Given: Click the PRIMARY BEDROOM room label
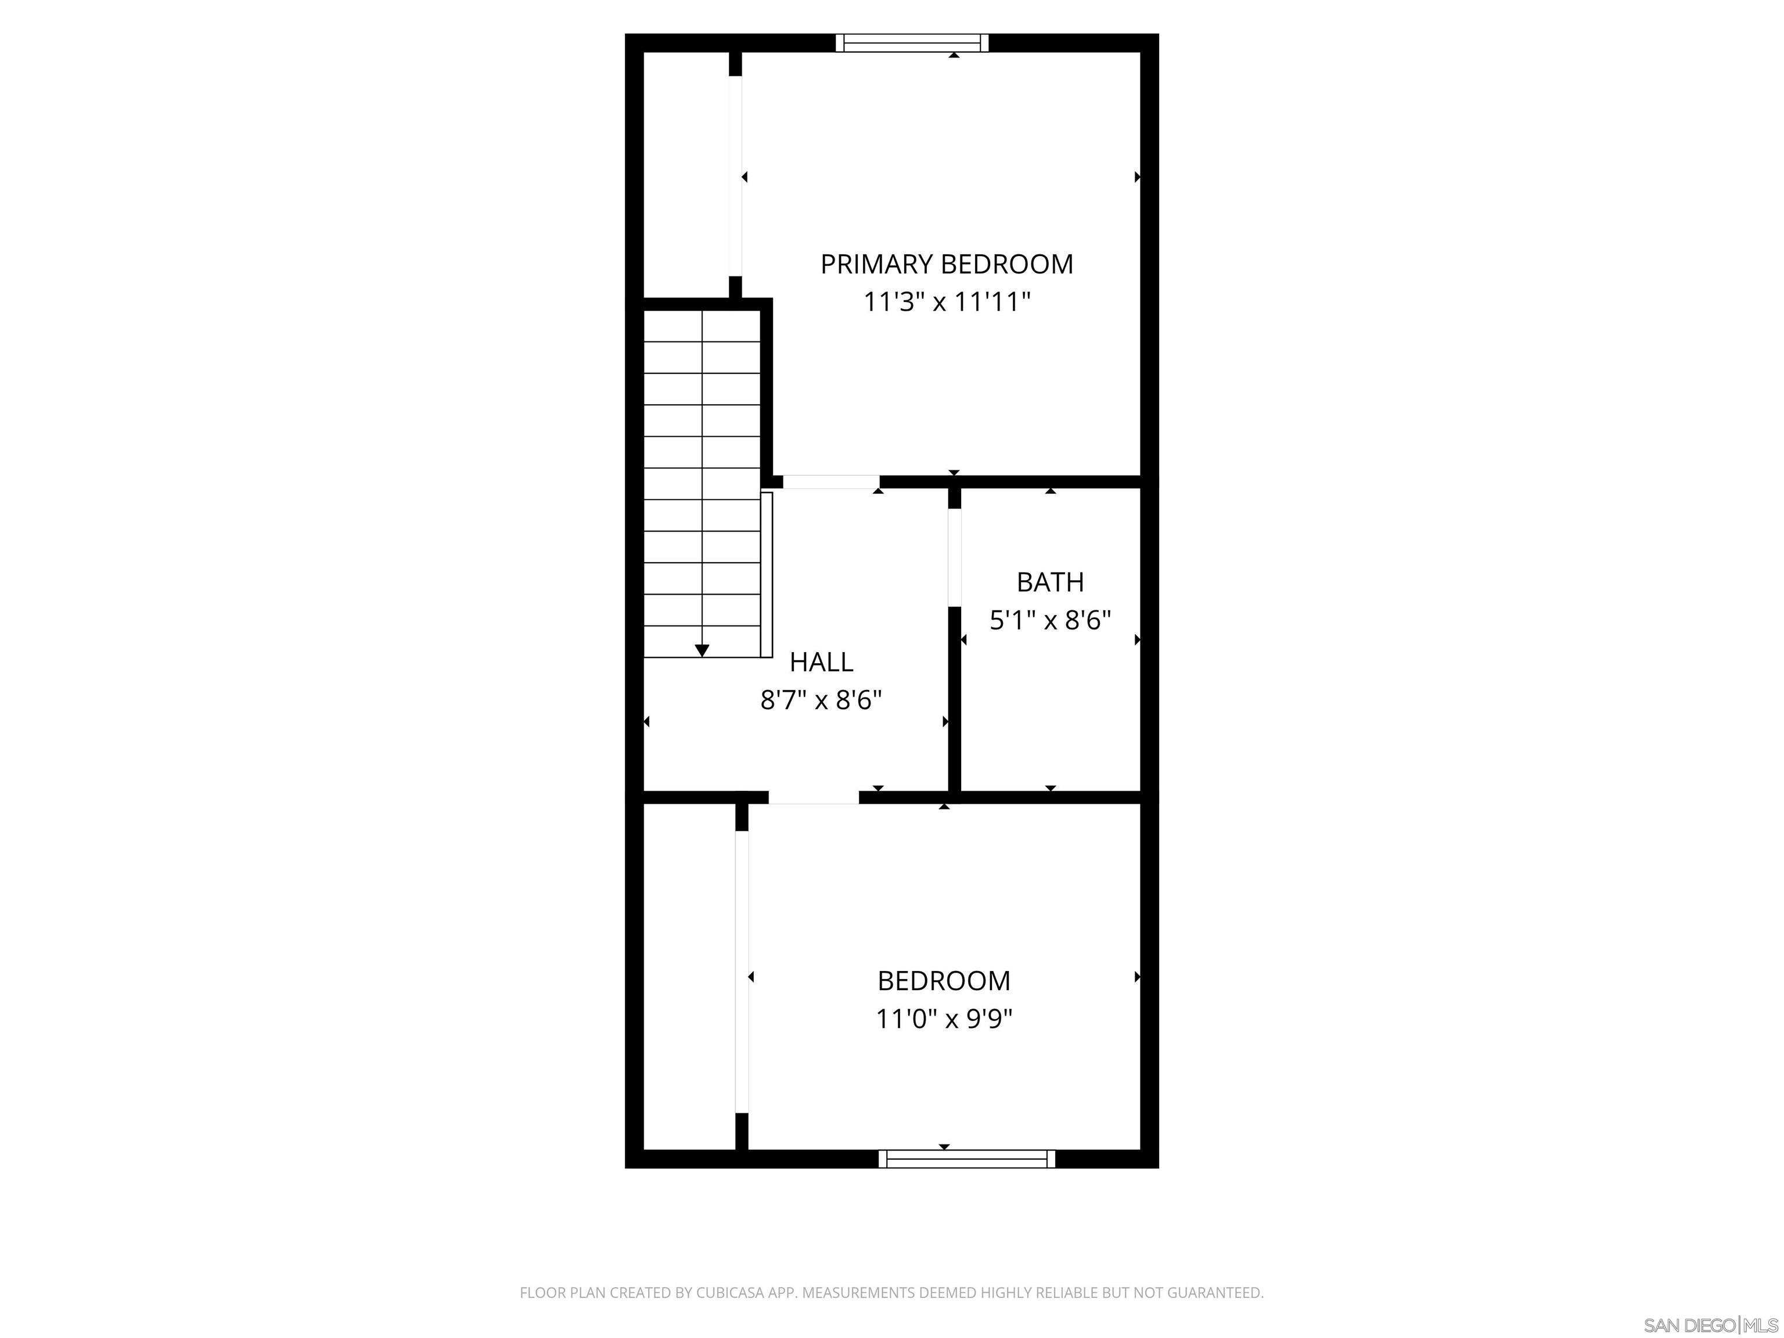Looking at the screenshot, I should click(946, 265).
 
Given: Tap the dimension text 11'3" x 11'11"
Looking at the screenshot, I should click(946, 303).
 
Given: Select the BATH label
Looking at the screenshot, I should click(1049, 581).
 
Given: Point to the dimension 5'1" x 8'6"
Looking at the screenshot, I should click(1049, 620).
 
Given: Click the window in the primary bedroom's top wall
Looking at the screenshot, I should click(911, 43).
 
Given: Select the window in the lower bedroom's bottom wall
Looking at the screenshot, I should click(966, 1159).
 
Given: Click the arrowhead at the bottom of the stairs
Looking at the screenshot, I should click(702, 650).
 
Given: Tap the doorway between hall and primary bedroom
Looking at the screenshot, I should click(830, 482).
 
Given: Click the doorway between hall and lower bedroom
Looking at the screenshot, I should click(813, 798).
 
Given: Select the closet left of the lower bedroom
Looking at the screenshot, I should click(689, 976).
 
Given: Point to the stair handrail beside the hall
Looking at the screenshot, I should click(767, 574).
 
